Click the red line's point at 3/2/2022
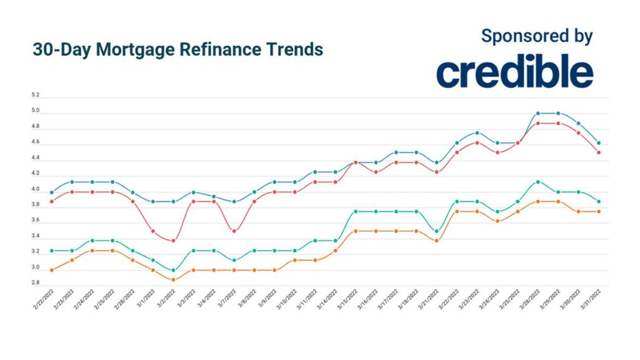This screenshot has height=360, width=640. point(173,240)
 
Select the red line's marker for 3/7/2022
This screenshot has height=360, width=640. point(234,231)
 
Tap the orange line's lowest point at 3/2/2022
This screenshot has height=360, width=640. point(173,280)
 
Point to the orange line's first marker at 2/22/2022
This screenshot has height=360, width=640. point(52,270)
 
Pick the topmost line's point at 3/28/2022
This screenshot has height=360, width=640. point(538,113)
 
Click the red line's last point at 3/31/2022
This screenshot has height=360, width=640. point(599,153)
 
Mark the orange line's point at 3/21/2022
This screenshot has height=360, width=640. point(437,240)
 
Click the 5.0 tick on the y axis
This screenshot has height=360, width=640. point(35,111)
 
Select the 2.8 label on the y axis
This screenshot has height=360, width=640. point(35,282)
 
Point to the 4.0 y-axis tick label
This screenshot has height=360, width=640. point(35,189)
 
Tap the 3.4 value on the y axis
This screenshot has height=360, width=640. point(35,236)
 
